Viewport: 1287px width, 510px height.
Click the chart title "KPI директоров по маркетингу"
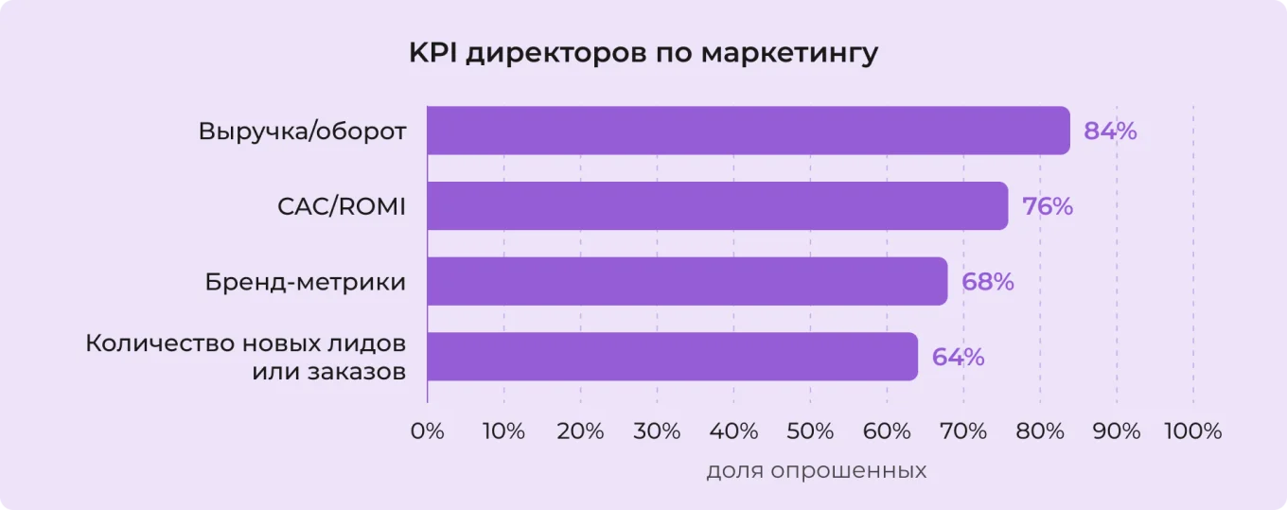click(x=643, y=53)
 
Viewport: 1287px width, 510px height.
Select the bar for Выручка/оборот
click(x=748, y=131)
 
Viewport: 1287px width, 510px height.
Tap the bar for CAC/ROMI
click(x=717, y=205)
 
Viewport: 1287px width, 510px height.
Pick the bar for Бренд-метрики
click(x=687, y=281)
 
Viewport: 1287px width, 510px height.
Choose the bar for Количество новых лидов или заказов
click(x=672, y=357)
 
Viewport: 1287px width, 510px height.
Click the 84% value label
click(x=1110, y=132)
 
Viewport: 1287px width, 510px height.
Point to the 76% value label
click(x=1048, y=206)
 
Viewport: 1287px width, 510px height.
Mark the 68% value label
click(x=988, y=282)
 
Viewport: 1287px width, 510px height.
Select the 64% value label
click(x=958, y=358)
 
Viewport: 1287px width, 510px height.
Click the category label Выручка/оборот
click(x=303, y=132)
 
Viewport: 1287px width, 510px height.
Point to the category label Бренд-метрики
click(x=306, y=282)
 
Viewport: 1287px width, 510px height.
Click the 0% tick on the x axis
click(x=428, y=431)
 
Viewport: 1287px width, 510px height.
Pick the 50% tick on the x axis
click(x=810, y=431)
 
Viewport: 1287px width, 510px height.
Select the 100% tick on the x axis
click(x=1192, y=431)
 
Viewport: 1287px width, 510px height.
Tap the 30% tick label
click(x=657, y=431)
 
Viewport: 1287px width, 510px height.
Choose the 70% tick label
click(x=963, y=431)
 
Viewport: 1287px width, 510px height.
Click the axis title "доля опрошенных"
click(x=816, y=470)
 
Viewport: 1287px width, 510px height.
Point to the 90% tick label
click(x=1117, y=431)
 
